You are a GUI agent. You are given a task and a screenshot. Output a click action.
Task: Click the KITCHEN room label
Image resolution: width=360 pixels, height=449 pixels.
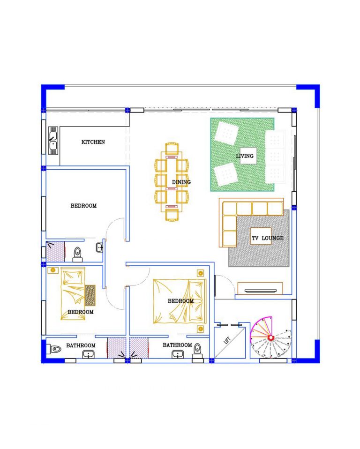[93, 142]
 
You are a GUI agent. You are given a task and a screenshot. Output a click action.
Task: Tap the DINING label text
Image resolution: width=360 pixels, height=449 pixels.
[181, 182]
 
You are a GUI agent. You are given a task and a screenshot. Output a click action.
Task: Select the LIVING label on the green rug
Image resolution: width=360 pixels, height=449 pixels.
[245, 156]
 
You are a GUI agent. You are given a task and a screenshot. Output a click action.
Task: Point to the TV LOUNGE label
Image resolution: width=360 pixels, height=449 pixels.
[268, 238]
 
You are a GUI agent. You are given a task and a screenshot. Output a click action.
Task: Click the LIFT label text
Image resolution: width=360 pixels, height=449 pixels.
[227, 340]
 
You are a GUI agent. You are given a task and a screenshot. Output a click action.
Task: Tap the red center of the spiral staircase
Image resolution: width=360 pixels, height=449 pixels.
[270, 338]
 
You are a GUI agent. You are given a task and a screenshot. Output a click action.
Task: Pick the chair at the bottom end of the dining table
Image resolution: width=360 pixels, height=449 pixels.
[172, 215]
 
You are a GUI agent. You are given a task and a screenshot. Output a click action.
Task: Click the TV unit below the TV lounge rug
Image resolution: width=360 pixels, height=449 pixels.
[260, 289]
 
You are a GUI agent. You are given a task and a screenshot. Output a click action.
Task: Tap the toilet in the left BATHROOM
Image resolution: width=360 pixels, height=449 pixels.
[56, 349]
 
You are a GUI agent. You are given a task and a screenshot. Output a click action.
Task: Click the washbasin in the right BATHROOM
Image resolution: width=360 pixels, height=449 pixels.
[178, 355]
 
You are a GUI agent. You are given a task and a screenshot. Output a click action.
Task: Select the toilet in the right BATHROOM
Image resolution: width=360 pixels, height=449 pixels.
[197, 352]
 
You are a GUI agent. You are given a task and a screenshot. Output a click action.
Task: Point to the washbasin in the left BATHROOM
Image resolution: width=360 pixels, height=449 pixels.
[88, 355]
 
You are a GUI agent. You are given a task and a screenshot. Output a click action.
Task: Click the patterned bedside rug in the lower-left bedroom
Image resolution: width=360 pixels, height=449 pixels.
[90, 295]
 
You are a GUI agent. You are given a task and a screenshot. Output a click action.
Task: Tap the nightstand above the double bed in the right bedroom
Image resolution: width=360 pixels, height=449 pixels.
[201, 273]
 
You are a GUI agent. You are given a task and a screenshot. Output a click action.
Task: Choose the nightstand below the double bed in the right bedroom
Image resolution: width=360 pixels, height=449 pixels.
[201, 329]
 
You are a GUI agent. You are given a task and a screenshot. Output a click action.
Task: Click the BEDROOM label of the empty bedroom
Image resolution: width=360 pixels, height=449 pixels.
[83, 206]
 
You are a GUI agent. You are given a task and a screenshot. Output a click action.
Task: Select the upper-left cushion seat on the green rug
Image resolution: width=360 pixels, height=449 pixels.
[226, 133]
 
